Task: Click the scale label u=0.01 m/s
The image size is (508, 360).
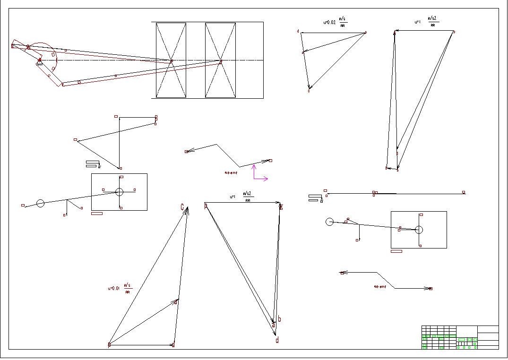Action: pos(121,288)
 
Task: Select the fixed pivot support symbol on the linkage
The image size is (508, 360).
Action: pos(39,61)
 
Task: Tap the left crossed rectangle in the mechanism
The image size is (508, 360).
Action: pos(171,60)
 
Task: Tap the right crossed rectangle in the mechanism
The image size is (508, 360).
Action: pos(220,60)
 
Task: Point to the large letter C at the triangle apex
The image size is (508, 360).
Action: pos(182,207)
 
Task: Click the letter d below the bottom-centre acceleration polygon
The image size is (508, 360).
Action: pos(277,340)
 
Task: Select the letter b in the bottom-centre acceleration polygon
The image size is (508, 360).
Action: pos(280,319)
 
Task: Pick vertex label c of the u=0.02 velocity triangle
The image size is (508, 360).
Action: pos(309,90)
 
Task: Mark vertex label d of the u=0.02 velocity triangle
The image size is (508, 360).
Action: pos(298,32)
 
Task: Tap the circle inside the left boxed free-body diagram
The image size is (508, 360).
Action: pos(119,192)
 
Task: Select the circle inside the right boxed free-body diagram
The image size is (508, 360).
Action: pos(419,230)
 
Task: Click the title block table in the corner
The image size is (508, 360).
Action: pos(460,337)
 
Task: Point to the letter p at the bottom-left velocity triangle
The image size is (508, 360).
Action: pos(109,345)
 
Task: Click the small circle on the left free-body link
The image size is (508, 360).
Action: pos(40,203)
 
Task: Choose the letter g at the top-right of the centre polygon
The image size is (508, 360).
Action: pos(281,206)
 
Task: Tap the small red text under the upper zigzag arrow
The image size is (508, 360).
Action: pos(231,173)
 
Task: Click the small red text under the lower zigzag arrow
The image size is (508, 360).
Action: pos(380,286)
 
